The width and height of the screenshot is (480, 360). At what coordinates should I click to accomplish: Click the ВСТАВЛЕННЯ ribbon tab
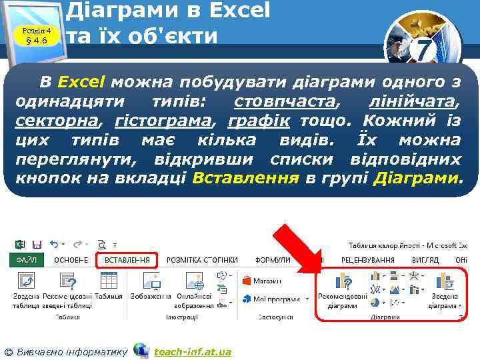click(127, 260)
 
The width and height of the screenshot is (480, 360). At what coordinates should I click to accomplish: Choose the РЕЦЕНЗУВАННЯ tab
click(367, 260)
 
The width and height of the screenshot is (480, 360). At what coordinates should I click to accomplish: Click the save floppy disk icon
click(37, 245)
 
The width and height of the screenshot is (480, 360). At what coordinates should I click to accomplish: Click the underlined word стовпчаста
click(285, 102)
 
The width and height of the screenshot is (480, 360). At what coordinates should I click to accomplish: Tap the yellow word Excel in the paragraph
click(81, 83)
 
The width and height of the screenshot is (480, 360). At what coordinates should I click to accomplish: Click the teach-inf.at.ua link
click(192, 351)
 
